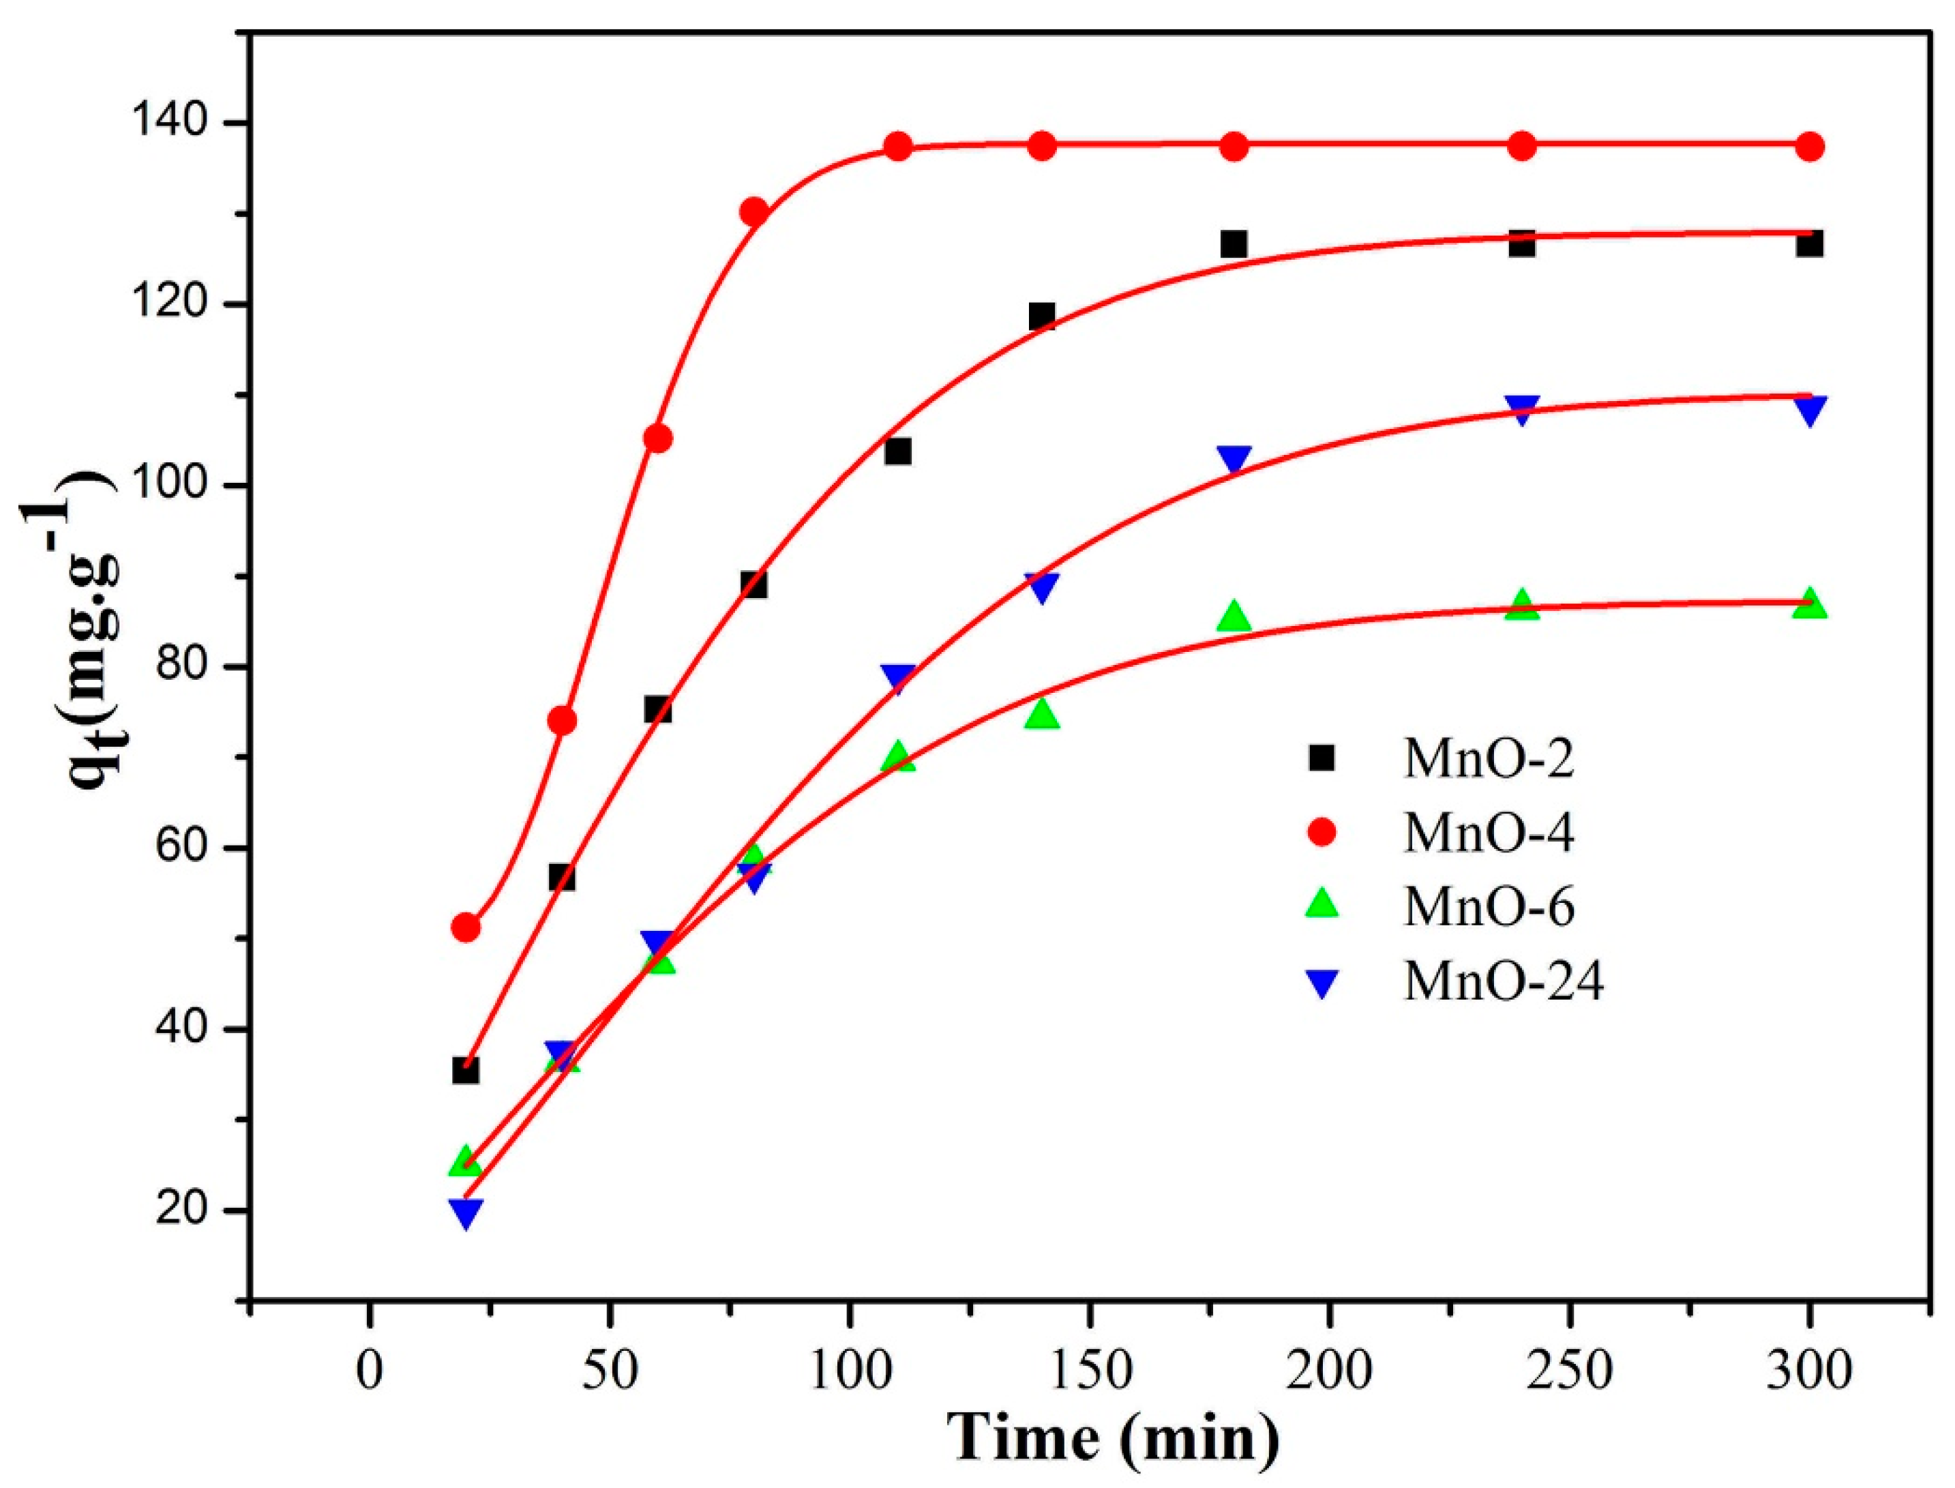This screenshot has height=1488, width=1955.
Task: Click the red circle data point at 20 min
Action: pos(466,927)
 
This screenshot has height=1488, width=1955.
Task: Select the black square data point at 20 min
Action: pos(466,1071)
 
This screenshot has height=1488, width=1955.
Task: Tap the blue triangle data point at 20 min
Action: pos(466,1212)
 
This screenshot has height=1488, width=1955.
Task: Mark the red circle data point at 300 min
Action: pos(1810,147)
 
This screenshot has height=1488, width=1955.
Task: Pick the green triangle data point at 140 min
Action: pos(1042,714)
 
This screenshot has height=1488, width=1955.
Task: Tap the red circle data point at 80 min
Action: pos(753,211)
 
